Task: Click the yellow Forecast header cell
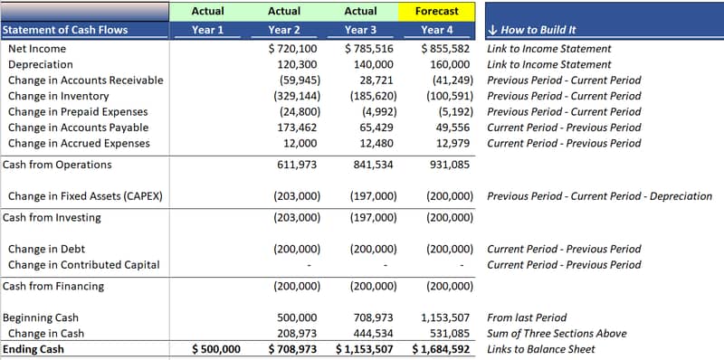436,12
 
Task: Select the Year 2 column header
284,31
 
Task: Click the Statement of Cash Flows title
65,31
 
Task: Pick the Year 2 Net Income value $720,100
293,49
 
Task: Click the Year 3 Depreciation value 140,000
373,64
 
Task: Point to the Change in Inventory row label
59,96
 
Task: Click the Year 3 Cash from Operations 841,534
373,165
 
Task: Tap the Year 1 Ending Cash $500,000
216,349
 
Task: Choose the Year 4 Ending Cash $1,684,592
441,349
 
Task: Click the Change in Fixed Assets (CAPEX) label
85,196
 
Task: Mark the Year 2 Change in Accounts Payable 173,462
297,128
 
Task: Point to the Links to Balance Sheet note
541,349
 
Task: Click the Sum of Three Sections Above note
557,334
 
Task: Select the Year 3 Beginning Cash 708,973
373,318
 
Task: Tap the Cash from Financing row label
53,286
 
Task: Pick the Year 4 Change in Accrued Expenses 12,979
453,143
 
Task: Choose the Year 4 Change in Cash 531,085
450,334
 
